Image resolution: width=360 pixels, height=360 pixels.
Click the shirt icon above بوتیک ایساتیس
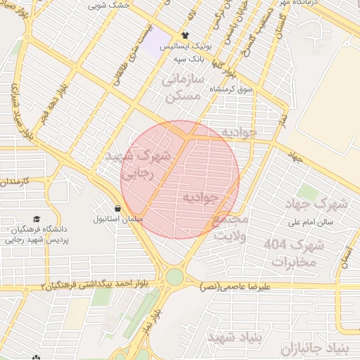185,35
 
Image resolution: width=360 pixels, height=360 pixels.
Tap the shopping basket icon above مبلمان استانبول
117,208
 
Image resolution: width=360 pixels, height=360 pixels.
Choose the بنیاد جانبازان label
314,348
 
